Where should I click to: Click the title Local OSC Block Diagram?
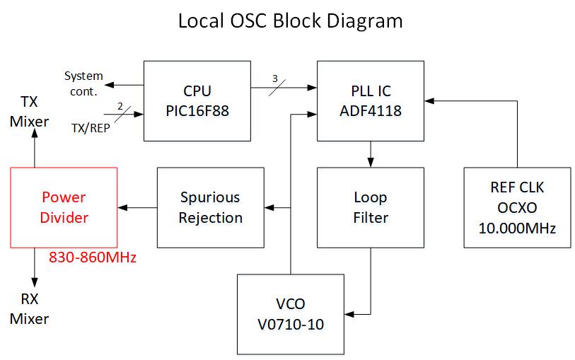(290, 21)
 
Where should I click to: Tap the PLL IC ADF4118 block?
(371, 100)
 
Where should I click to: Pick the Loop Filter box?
(371, 207)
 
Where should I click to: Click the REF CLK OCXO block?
(517, 207)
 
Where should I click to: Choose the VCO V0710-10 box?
(290, 313)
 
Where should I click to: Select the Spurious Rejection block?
(209, 207)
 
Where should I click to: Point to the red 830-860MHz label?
(92, 258)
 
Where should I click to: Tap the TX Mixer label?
(29, 111)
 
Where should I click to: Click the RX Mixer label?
(29, 308)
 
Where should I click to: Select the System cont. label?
(83, 83)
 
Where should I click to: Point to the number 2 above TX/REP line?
(120, 106)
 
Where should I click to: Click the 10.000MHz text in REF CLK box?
(517, 228)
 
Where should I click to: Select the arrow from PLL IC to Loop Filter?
(371, 153)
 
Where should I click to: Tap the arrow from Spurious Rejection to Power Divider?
(139, 207)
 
